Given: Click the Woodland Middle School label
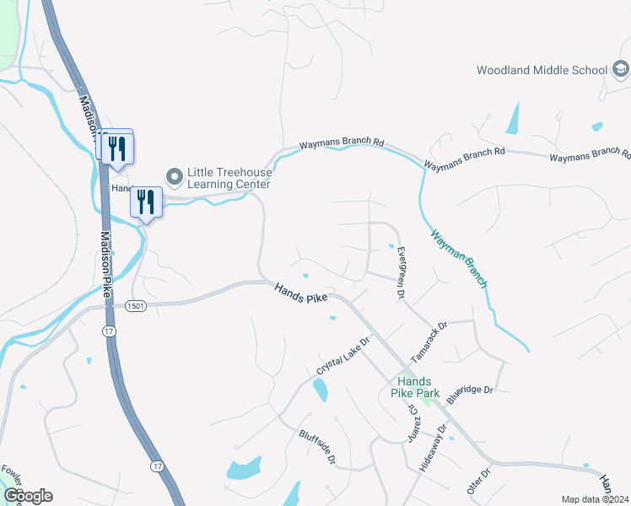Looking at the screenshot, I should coord(542,70).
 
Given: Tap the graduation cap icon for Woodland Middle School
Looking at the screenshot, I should coord(620,69).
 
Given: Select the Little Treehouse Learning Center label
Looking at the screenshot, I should coord(229,177).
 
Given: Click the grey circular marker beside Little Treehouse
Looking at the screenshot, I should coord(175,177).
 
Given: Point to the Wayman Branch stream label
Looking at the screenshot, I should coord(459,259).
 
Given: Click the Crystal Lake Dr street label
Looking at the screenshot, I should coord(344,358).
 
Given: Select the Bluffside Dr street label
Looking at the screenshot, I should coord(317,448).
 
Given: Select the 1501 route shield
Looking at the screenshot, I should coord(136,306).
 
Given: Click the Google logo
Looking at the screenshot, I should coord(28,496).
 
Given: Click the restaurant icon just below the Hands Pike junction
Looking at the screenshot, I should coord(147,202).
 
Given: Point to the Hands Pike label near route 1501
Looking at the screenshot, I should coord(300,293).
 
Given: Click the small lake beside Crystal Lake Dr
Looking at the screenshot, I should coord(321,389).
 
